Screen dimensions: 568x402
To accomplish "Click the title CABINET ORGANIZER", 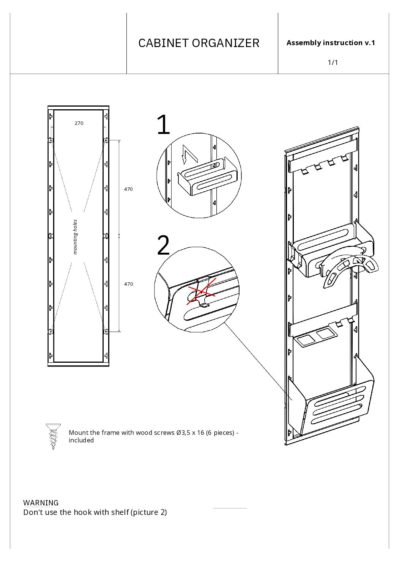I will pos(199,43).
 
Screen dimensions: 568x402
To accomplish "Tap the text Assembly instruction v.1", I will pos(331,43).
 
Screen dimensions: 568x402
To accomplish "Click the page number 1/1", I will pos(333,63).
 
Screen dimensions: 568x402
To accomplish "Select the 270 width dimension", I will pos(79,123).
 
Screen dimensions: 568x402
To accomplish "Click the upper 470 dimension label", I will pos(128,189).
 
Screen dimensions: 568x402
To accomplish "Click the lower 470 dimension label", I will pos(128,284).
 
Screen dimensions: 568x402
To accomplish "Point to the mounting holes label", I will pos(75,237).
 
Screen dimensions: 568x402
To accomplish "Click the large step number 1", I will pos(163,125).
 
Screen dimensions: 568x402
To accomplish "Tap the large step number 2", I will pos(163,245).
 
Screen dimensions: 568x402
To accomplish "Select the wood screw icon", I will pos(53,436).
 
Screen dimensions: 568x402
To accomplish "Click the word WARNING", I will pos(41,503).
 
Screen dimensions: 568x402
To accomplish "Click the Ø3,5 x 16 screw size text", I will pos(190,433).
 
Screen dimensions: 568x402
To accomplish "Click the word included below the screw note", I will pos(81,440).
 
